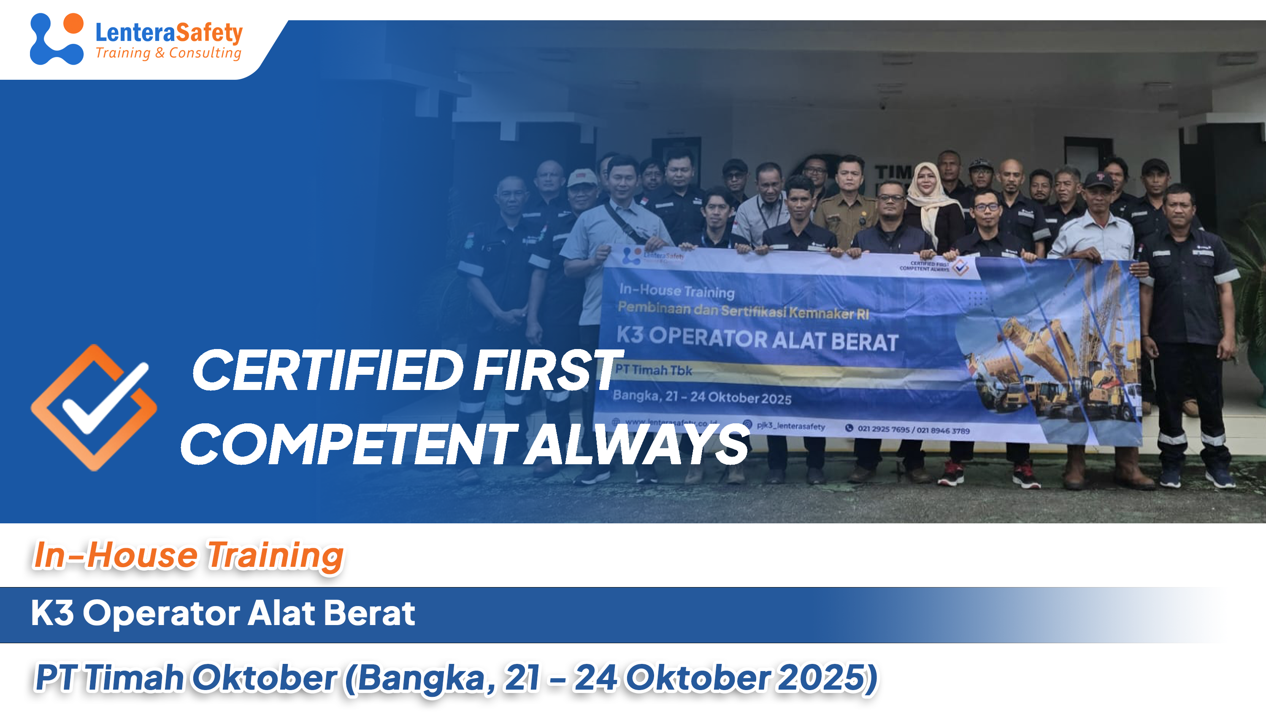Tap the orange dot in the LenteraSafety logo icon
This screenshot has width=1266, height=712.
point(73,23)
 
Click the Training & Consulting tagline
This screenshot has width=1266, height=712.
point(168,53)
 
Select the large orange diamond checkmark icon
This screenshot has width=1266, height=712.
point(93,407)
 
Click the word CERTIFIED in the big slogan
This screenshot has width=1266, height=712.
point(327,371)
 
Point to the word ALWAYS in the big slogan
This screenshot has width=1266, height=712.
point(636,445)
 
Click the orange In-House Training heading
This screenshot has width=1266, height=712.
point(188,556)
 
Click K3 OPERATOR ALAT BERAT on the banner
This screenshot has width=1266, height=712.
point(757,338)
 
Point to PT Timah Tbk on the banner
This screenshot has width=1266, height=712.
point(653,370)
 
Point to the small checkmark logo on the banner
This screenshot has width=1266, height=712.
point(960,267)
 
